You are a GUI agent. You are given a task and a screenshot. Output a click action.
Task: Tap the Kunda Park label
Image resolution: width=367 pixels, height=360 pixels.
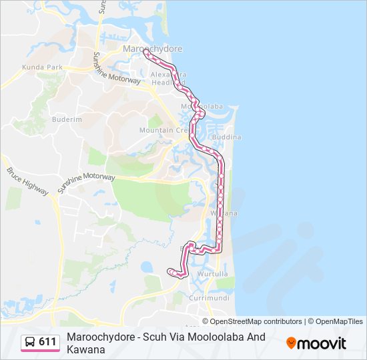click(41, 67)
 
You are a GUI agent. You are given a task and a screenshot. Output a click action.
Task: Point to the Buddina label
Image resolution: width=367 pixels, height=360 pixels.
click(227, 137)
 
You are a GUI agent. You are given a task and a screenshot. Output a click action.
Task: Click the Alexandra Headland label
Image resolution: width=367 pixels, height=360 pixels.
click(168, 79)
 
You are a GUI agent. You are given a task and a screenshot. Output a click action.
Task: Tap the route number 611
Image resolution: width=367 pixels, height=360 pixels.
click(47, 342)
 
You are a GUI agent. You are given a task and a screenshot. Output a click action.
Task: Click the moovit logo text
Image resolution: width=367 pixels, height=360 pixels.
click(322, 343)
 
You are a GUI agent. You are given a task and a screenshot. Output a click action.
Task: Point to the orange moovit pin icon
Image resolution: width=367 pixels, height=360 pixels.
click(291, 343)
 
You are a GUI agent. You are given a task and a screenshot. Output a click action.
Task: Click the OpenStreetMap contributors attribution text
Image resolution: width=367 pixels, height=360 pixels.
click(256, 321)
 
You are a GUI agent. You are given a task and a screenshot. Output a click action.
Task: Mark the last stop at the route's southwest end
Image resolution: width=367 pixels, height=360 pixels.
click(171, 271)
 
